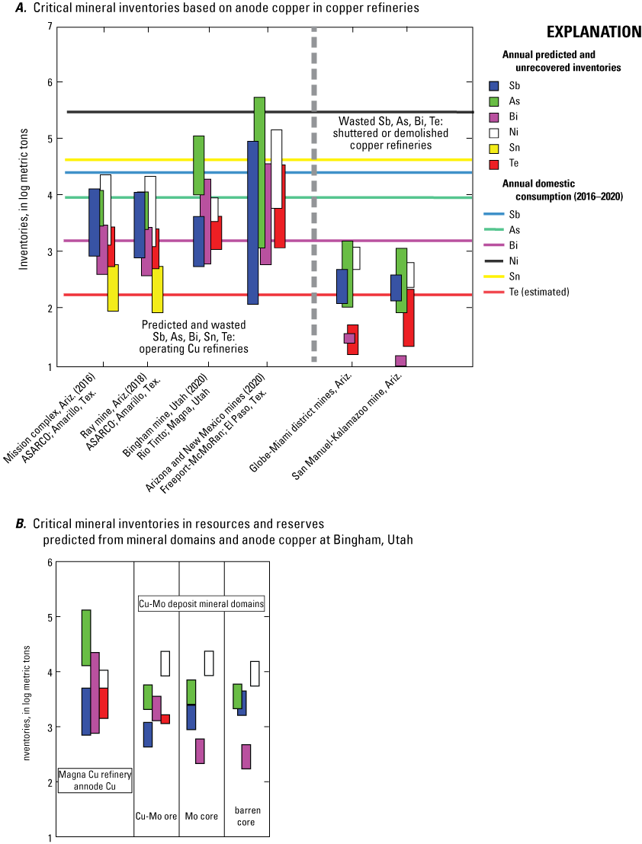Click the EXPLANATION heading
click(593, 32)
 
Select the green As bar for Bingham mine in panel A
click(198, 165)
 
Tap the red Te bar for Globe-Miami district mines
click(353, 340)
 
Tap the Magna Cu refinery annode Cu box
click(95, 781)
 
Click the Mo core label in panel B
click(201, 816)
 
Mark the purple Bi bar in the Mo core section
click(200, 751)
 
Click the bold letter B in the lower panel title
click(21, 524)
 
